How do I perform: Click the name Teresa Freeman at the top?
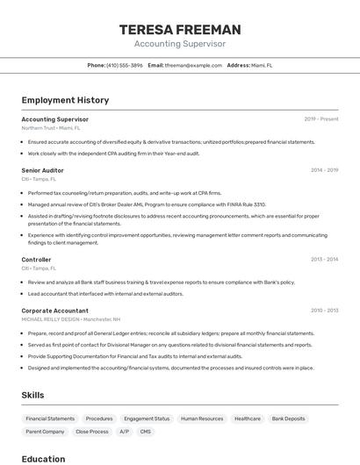(x=180, y=29)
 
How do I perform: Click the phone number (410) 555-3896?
(x=124, y=65)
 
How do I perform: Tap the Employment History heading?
(x=65, y=101)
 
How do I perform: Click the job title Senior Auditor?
(x=42, y=170)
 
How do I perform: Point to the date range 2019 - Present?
(x=320, y=119)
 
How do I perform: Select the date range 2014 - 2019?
(x=324, y=170)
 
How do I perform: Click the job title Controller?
(x=36, y=260)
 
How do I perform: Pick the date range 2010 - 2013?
(x=324, y=311)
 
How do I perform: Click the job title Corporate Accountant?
(x=54, y=311)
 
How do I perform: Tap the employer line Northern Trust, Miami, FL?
(x=50, y=128)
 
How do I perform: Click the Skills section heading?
(x=32, y=396)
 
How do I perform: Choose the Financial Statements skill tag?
(x=50, y=418)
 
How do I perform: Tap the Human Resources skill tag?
(x=202, y=418)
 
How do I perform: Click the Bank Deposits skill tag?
(x=288, y=418)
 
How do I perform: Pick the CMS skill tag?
(x=145, y=432)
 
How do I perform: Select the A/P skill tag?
(x=124, y=432)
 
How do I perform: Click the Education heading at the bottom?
(x=43, y=459)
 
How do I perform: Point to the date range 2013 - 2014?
(x=324, y=260)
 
